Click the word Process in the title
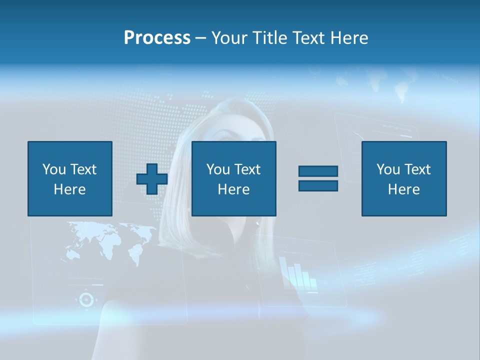[x=157, y=38]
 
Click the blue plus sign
[x=152, y=179]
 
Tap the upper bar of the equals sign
[x=318, y=171]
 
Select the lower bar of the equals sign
[x=318, y=185]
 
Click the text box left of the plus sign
[x=70, y=178]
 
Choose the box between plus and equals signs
[x=234, y=178]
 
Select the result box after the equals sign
[x=404, y=178]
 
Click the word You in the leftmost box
[x=53, y=169]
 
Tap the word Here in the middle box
[x=234, y=189]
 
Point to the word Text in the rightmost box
[x=417, y=169]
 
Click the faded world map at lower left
[x=110, y=240]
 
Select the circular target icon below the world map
[x=86, y=299]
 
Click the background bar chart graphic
[x=298, y=274]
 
